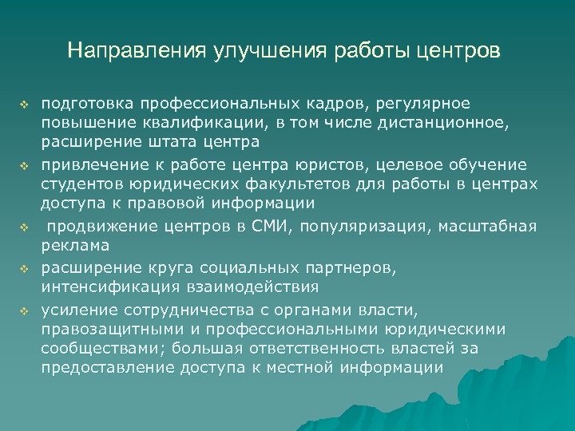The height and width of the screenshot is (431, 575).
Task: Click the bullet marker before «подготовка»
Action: [24, 105]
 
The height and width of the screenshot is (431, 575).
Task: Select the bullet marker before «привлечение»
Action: [24, 166]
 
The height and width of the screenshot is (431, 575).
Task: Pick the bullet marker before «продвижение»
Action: [24, 227]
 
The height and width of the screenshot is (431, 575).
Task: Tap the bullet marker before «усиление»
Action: [24, 309]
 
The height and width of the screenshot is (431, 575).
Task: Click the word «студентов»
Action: [81, 184]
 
